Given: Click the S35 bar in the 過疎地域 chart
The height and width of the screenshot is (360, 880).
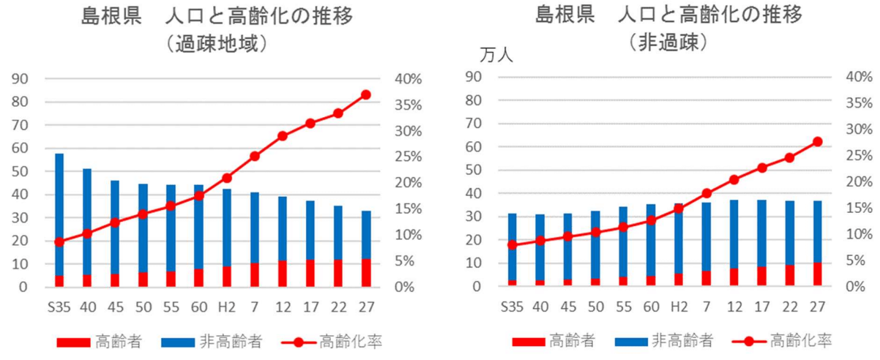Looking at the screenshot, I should [59, 220].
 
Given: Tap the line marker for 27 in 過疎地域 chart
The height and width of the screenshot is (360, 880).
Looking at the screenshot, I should [366, 94].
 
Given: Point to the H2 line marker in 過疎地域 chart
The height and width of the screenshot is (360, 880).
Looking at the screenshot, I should [227, 178].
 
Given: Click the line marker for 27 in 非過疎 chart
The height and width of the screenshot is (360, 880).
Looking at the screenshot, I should [818, 141].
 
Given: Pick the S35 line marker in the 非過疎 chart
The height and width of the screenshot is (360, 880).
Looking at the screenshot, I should [512, 245].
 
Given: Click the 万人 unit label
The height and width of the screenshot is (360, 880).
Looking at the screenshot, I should [497, 55].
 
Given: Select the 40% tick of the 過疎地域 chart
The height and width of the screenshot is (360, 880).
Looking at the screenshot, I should [407, 79].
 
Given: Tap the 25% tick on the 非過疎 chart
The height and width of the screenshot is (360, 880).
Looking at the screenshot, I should [859, 156].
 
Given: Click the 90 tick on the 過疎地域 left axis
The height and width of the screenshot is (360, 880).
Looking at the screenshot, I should [22, 79].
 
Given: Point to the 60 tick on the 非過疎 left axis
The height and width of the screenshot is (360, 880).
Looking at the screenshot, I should [474, 147].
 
